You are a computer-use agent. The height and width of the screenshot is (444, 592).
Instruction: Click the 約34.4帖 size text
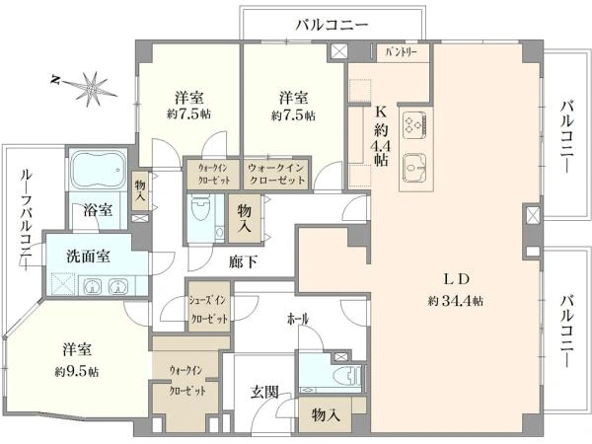455,300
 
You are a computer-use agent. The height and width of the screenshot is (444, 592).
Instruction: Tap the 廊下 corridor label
242,262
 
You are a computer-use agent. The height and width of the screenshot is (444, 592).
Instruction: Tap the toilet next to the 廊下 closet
201,211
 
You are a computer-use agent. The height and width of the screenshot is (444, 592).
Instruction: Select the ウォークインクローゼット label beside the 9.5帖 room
188,380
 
